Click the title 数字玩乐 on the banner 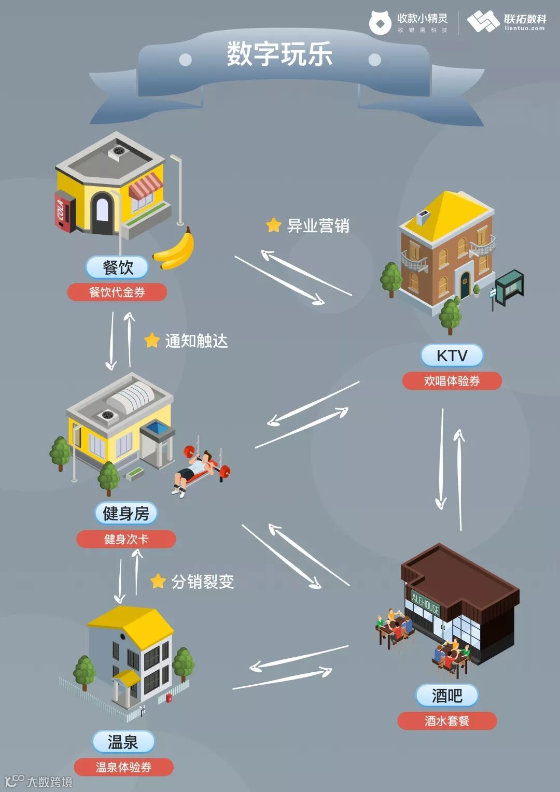pos(279,54)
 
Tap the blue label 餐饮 pos(118,268)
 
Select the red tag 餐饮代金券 pos(117,292)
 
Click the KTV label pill pos(452,356)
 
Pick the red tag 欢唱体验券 pos(452,381)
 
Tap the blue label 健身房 pos(126,514)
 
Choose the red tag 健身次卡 pos(126,539)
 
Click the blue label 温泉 pos(123,742)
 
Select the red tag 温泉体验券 pos(123,767)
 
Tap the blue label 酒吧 pos(446,696)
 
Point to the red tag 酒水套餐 pos(447,721)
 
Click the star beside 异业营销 pos(273,225)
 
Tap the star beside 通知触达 pos(151,341)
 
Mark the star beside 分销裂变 pos(158,581)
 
